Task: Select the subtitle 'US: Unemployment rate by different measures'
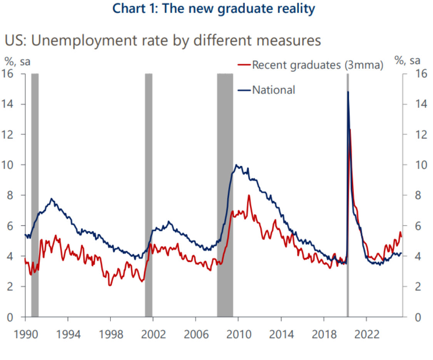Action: click(x=162, y=40)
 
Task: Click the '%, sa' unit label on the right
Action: click(x=407, y=60)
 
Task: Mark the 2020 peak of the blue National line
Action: click(x=348, y=92)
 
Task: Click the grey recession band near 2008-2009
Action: click(x=225, y=192)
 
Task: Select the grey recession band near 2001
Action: click(x=149, y=192)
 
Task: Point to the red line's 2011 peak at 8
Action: click(x=249, y=195)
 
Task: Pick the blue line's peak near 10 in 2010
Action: click(x=236, y=165)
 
